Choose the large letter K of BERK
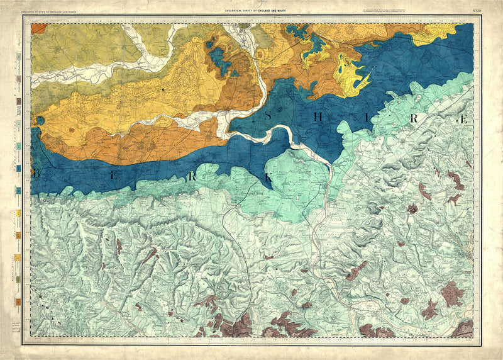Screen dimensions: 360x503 268,177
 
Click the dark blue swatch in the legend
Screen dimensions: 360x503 19,169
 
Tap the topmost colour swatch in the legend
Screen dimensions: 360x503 19,57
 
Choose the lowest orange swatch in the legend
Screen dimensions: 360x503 19,301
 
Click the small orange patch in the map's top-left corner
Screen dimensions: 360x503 38,28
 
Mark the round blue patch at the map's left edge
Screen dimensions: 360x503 40,120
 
